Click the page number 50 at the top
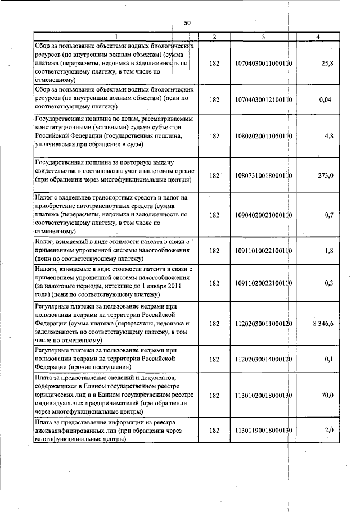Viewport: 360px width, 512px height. coord(187,23)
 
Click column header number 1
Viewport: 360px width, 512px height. coord(115,37)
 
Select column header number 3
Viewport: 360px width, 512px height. coord(263,37)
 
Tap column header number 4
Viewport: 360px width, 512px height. coord(318,37)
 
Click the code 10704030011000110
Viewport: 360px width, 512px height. coord(263,64)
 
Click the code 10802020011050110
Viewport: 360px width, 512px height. coord(263,135)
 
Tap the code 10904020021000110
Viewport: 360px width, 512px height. coord(263,215)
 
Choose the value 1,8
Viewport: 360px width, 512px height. coord(328,251)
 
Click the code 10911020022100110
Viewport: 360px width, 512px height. coord(263,283)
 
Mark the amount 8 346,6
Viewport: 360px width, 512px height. coord(323,324)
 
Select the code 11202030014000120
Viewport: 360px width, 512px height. coord(263,359)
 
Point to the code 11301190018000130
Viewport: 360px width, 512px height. coord(263,431)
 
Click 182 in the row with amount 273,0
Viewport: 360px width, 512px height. coord(214,176)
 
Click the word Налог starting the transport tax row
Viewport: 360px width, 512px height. coord(44,198)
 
